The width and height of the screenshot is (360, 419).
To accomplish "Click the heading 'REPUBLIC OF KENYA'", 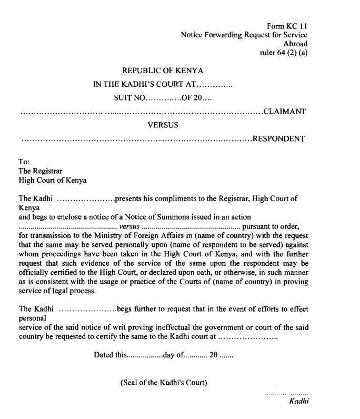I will click(x=163, y=70).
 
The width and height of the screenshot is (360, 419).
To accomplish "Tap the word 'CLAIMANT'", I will click(x=285, y=112).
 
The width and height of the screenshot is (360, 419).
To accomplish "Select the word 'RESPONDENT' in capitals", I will click(x=279, y=139).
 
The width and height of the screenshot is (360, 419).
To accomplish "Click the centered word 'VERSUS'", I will click(x=163, y=125).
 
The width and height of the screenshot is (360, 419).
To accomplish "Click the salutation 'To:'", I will click(x=24, y=162).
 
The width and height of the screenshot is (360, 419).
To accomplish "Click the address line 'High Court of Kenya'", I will click(x=53, y=180).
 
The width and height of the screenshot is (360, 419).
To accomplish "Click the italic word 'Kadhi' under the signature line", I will click(x=298, y=402).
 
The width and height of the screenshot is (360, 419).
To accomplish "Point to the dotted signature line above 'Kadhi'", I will click(x=287, y=393).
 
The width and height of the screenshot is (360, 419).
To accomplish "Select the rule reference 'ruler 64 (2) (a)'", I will click(x=284, y=53).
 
